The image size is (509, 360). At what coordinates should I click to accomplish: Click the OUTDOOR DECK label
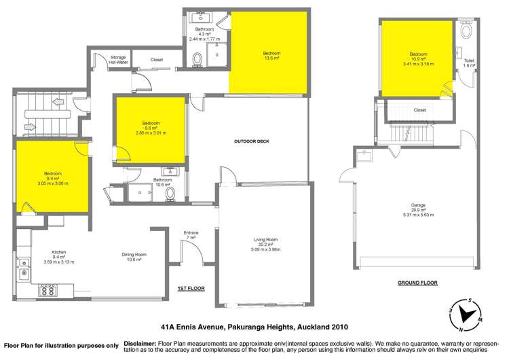(252, 141)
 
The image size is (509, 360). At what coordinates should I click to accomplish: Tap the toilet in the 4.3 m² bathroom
(197, 61)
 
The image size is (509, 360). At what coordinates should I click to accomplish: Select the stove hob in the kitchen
(48, 289)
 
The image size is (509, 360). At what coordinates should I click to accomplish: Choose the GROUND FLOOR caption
(417, 282)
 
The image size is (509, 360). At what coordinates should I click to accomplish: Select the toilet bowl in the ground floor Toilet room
(467, 31)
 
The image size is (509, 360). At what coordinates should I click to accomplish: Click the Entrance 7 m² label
(191, 235)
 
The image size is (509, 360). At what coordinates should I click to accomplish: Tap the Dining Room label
(133, 254)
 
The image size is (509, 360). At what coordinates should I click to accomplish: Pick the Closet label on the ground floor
(419, 110)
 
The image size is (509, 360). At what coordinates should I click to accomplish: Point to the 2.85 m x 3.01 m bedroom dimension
(150, 132)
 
